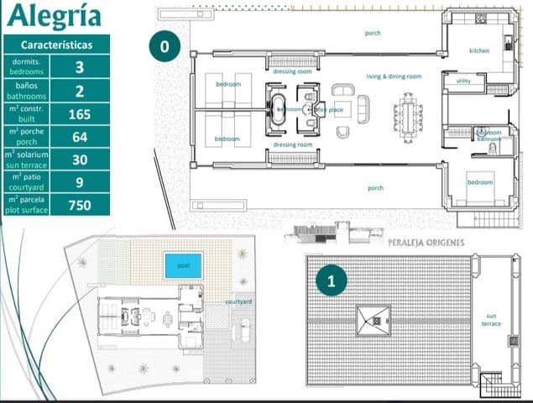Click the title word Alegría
pyautogui.click(x=52, y=16)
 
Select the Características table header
pyautogui.click(x=56, y=45)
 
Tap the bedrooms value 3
pyautogui.click(x=80, y=68)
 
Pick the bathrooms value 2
pyautogui.click(x=80, y=91)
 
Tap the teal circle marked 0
pyautogui.click(x=165, y=47)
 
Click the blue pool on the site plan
pyautogui.click(x=184, y=265)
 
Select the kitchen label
pyautogui.click(x=479, y=51)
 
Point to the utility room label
pyautogui.click(x=463, y=81)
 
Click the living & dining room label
pyautogui.click(x=394, y=76)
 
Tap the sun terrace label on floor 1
pyautogui.click(x=492, y=320)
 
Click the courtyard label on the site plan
pyautogui.click(x=239, y=301)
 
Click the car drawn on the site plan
pyautogui.click(x=243, y=331)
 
